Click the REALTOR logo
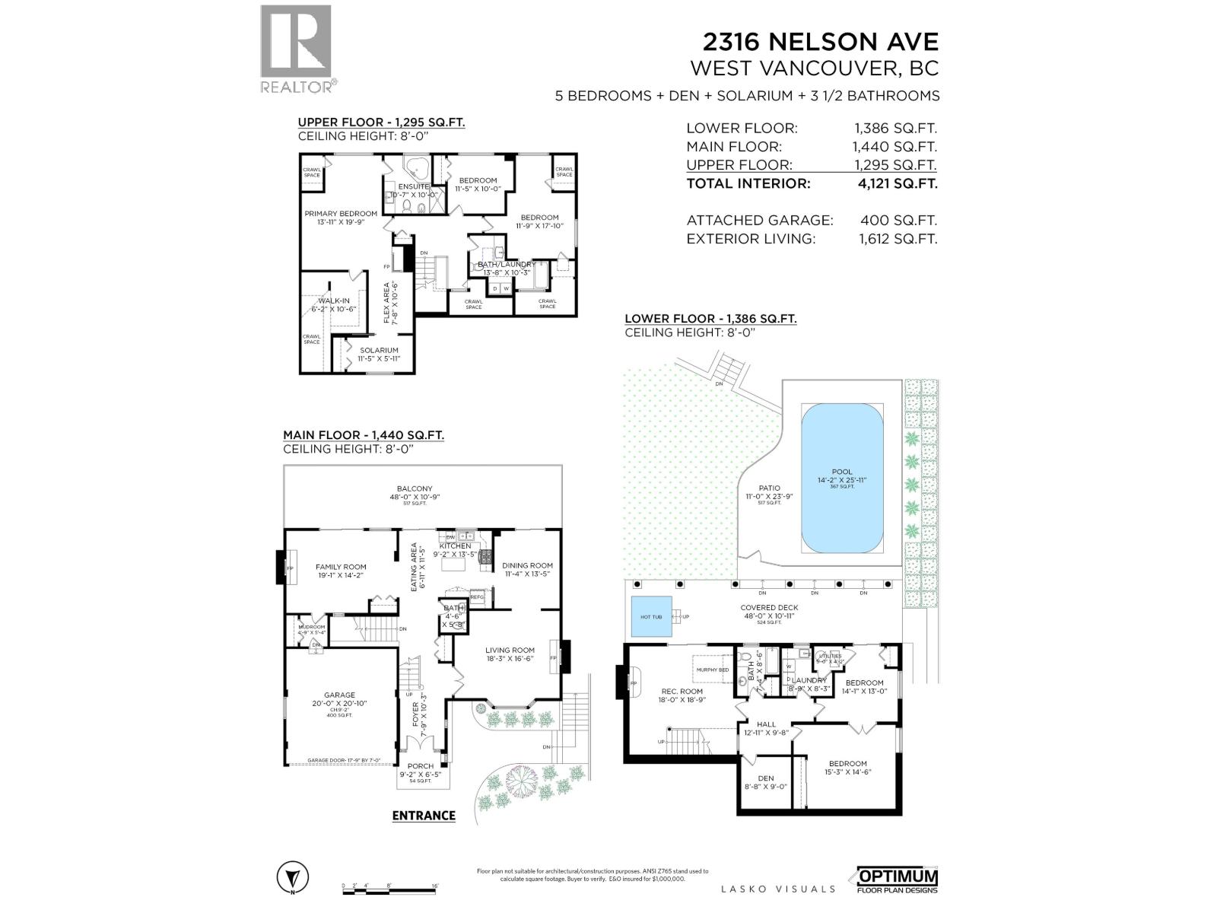pyautogui.click(x=297, y=48)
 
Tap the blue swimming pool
pyautogui.click(x=842, y=478)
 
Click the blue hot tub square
pyautogui.click(x=651, y=616)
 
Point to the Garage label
pyautogui.click(x=339, y=695)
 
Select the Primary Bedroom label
pyautogui.click(x=341, y=214)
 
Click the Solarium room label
pyautogui.click(x=379, y=351)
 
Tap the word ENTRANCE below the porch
pyautogui.click(x=424, y=816)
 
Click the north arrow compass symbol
pyautogui.click(x=292, y=877)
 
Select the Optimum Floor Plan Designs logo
pyautogui.click(x=898, y=880)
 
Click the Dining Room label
pyautogui.click(x=527, y=565)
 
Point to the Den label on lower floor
pyautogui.click(x=766, y=778)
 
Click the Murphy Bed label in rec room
pyautogui.click(x=713, y=670)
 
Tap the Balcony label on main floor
pyautogui.click(x=415, y=489)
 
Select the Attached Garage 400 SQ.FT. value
pyautogui.click(x=898, y=220)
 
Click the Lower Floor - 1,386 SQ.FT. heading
pyautogui.click(x=710, y=319)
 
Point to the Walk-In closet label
pyautogui.click(x=334, y=301)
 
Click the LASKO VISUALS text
pyautogui.click(x=777, y=889)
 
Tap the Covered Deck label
pyautogui.click(x=769, y=608)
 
